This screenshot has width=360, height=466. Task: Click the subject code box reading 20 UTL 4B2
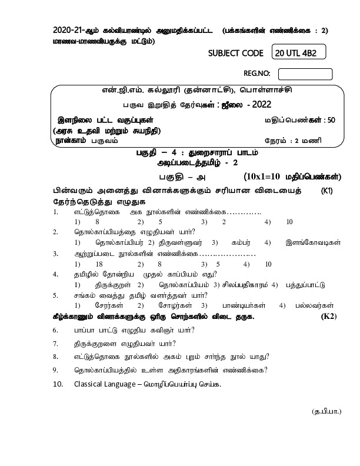299,54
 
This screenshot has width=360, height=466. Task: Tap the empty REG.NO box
305,74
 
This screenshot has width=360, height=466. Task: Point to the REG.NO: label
256,74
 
